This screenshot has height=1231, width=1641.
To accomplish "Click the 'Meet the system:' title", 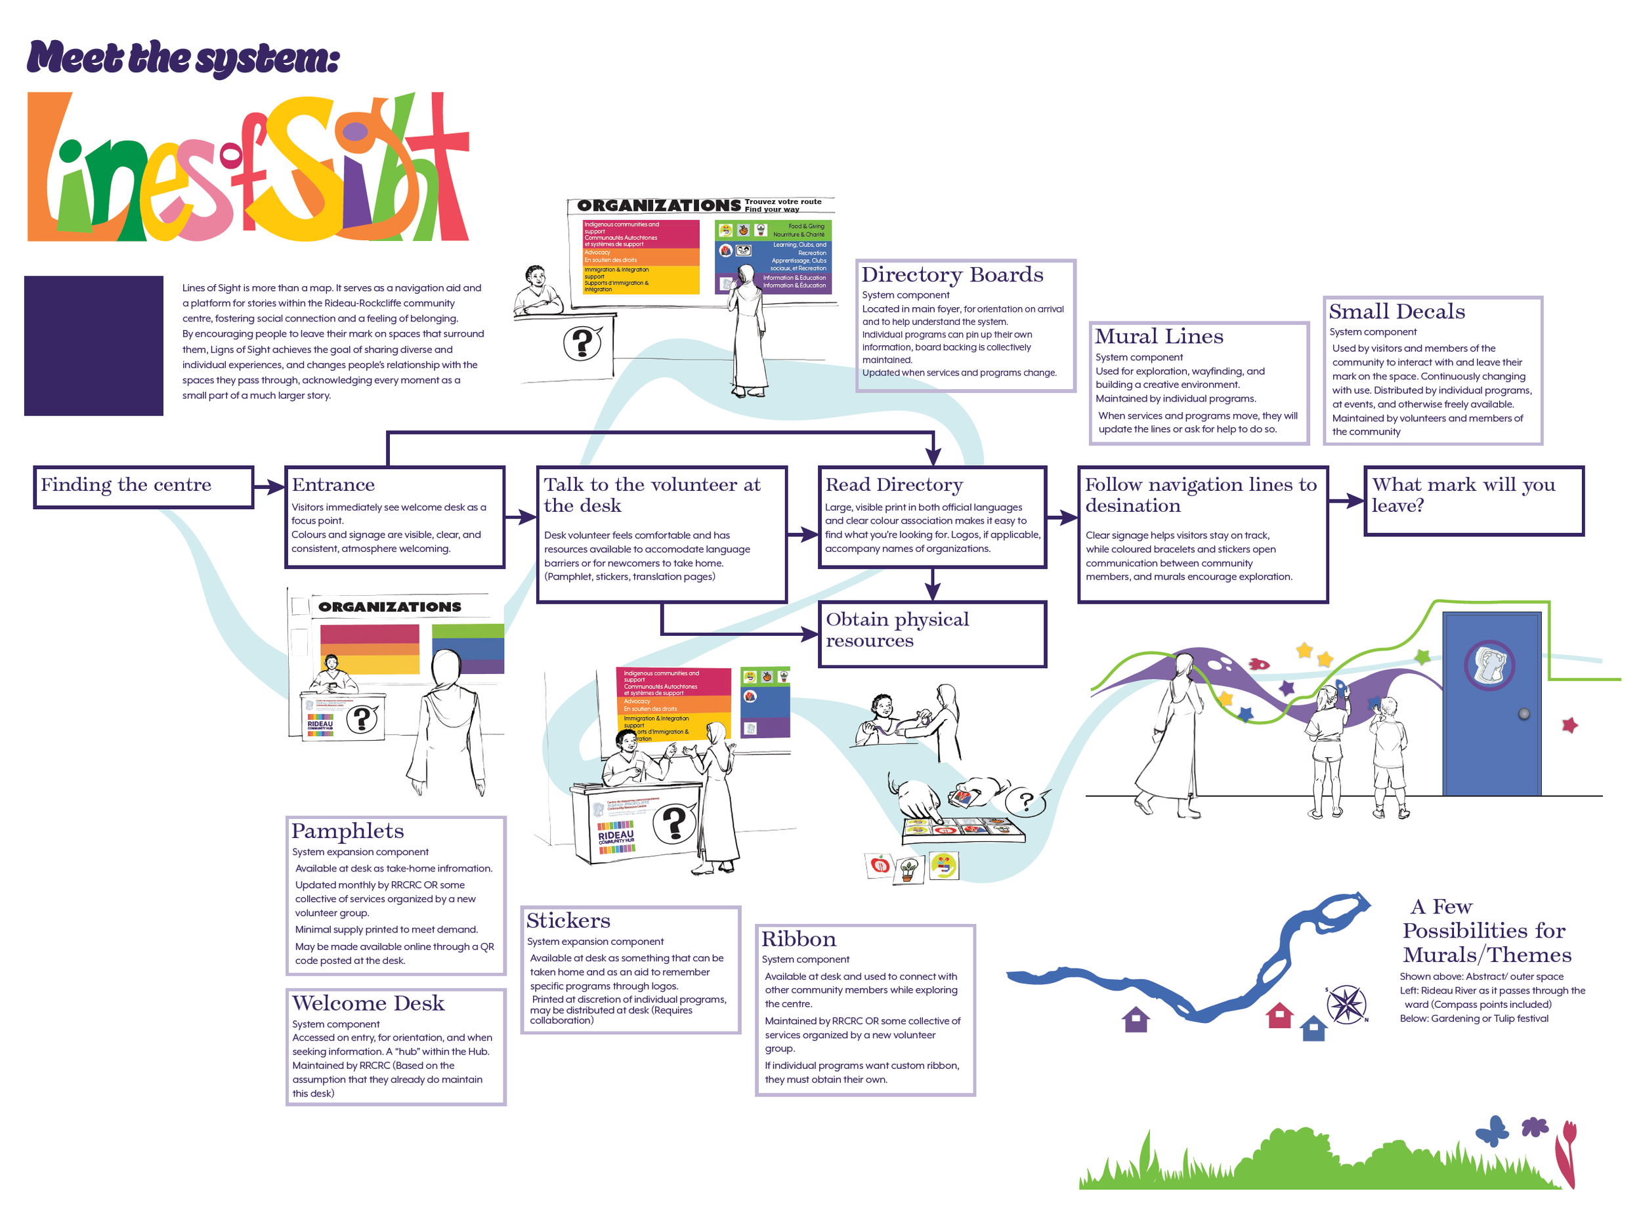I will point(183,58).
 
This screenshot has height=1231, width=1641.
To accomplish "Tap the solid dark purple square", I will point(93,346).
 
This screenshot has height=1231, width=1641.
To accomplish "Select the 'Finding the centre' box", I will point(143,486).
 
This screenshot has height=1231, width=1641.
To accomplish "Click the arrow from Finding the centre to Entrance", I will point(268,486).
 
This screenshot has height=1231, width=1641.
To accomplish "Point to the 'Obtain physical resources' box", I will point(932,634).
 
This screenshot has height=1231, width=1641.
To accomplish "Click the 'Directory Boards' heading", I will point(952,275).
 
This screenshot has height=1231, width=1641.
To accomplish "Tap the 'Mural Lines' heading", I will point(1158,337).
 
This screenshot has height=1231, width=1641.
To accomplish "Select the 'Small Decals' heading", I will point(1396,312).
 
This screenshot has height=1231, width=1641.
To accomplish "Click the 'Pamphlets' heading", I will point(347,831).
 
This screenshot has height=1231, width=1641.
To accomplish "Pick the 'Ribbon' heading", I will point(798,940).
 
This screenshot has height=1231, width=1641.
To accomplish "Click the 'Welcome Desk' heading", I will point(368,1003).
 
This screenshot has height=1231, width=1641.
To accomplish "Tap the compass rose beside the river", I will point(1346,1004).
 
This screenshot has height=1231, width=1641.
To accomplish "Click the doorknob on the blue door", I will point(1524,714).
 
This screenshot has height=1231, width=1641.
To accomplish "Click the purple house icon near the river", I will point(1135,1020).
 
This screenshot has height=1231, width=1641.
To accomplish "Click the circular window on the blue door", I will point(1489,665).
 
